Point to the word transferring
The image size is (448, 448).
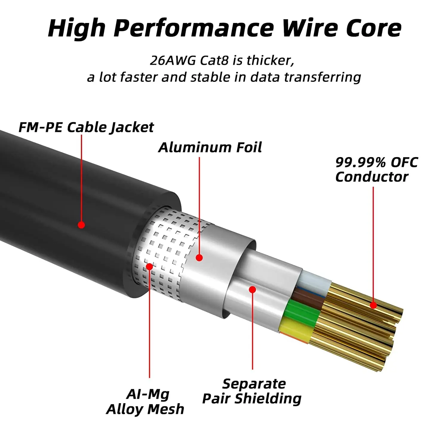point(322,77)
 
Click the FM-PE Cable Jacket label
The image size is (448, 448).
point(86,127)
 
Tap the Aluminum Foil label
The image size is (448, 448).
point(210,147)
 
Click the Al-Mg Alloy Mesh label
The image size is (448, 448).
point(145,402)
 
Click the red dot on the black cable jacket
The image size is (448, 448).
point(81,225)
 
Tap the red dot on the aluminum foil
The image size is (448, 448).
point(199,257)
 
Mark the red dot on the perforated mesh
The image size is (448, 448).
point(149,266)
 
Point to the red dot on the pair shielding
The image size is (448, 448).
point(252,289)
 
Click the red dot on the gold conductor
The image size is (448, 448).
point(373,305)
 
